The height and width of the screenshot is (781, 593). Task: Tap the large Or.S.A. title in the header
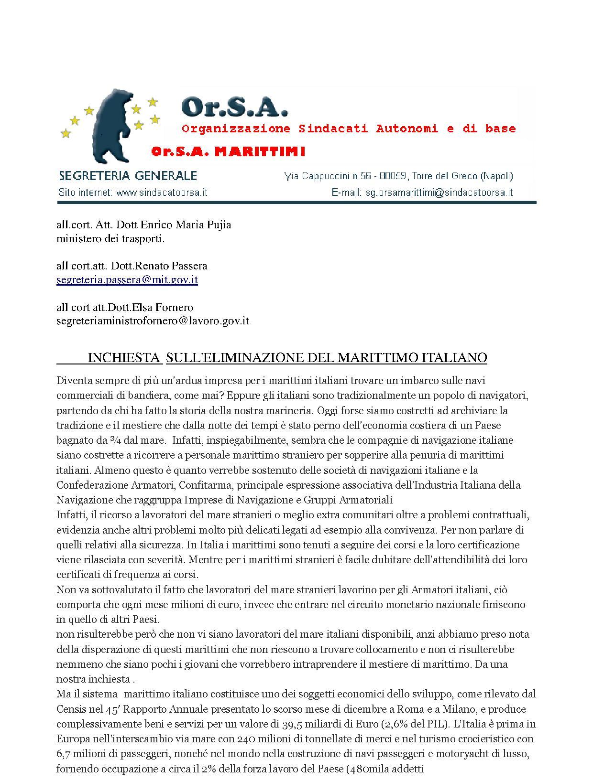[235, 108]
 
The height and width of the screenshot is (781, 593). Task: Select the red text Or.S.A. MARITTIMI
[228, 152]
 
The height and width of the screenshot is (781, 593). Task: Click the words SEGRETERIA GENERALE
[127, 176]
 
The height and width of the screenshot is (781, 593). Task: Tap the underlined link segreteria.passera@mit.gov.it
[127, 280]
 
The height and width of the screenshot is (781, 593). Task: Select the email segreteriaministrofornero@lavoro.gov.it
[153, 321]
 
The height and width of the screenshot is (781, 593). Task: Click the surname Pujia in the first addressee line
[219, 225]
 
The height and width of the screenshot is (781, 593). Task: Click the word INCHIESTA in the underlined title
[124, 358]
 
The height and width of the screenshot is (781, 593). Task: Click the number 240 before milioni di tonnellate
[246, 739]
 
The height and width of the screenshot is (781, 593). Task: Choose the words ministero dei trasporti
[110, 238]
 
